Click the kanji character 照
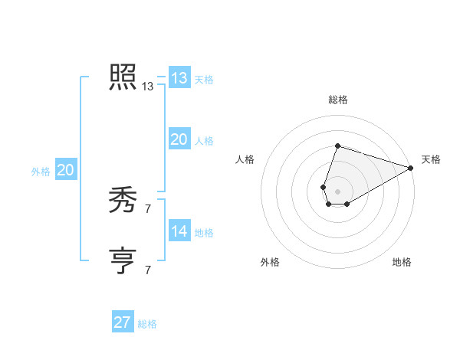click(x=123, y=77)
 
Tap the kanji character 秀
click(x=123, y=200)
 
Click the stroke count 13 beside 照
click(x=147, y=87)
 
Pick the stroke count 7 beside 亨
click(x=147, y=270)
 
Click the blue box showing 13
click(x=179, y=78)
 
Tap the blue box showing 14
click(x=179, y=231)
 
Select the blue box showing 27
click(x=123, y=322)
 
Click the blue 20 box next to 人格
click(x=179, y=139)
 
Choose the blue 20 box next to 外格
click(x=66, y=170)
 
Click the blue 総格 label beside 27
click(x=147, y=324)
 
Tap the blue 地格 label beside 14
click(x=204, y=232)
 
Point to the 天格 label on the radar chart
click(x=431, y=159)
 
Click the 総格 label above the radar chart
click(x=337, y=100)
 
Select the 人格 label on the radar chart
click(x=245, y=159)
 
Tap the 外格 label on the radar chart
click(x=270, y=262)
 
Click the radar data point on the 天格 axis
click(x=411, y=169)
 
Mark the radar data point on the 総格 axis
click(x=337, y=146)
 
